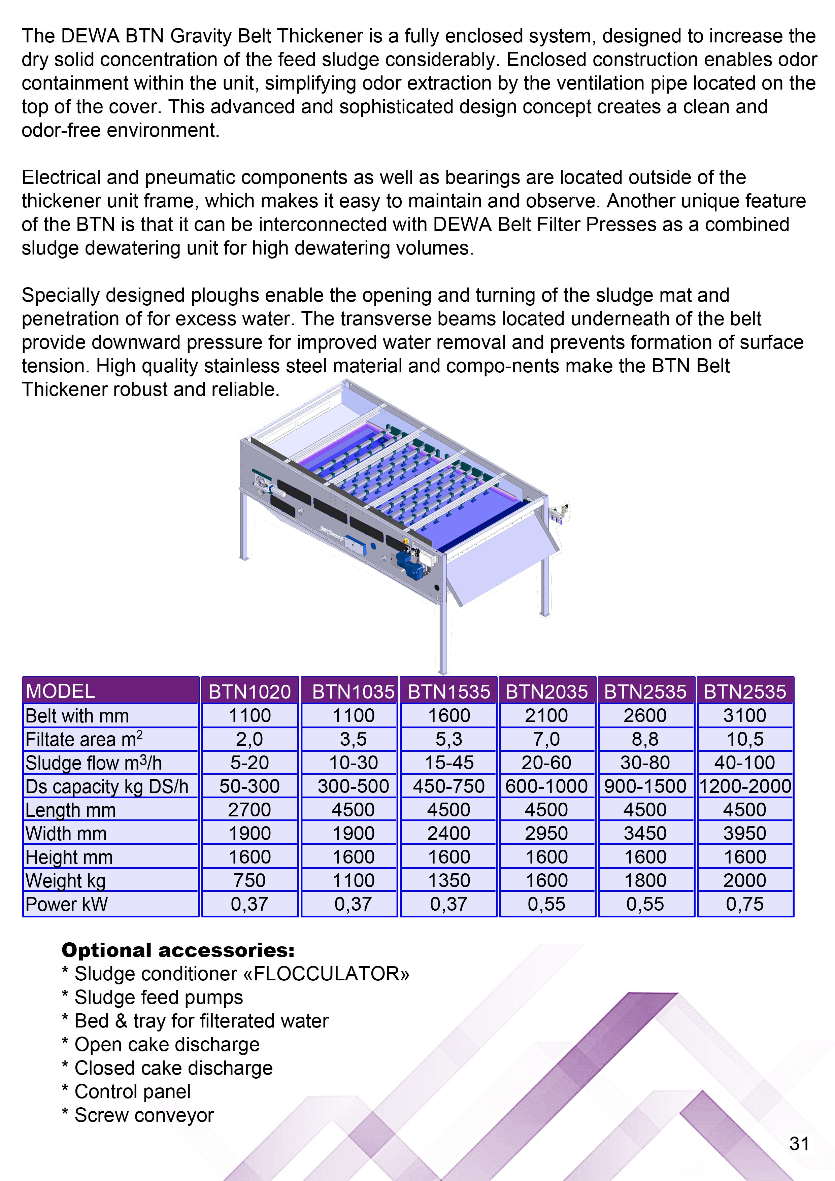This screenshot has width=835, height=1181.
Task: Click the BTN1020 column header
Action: click(x=249, y=691)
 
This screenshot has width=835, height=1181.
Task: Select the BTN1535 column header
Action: click(x=448, y=691)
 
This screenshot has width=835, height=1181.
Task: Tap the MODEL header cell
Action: click(x=60, y=691)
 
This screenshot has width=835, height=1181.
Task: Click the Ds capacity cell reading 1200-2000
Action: click(x=745, y=786)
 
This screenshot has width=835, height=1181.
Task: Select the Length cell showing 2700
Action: click(x=249, y=810)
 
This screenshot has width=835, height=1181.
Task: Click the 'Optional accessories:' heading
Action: click(x=178, y=950)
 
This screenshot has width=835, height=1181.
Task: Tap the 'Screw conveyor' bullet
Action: click(x=144, y=1115)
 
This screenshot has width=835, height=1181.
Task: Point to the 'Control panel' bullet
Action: click(x=132, y=1091)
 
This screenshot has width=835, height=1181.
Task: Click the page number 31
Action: click(x=799, y=1143)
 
